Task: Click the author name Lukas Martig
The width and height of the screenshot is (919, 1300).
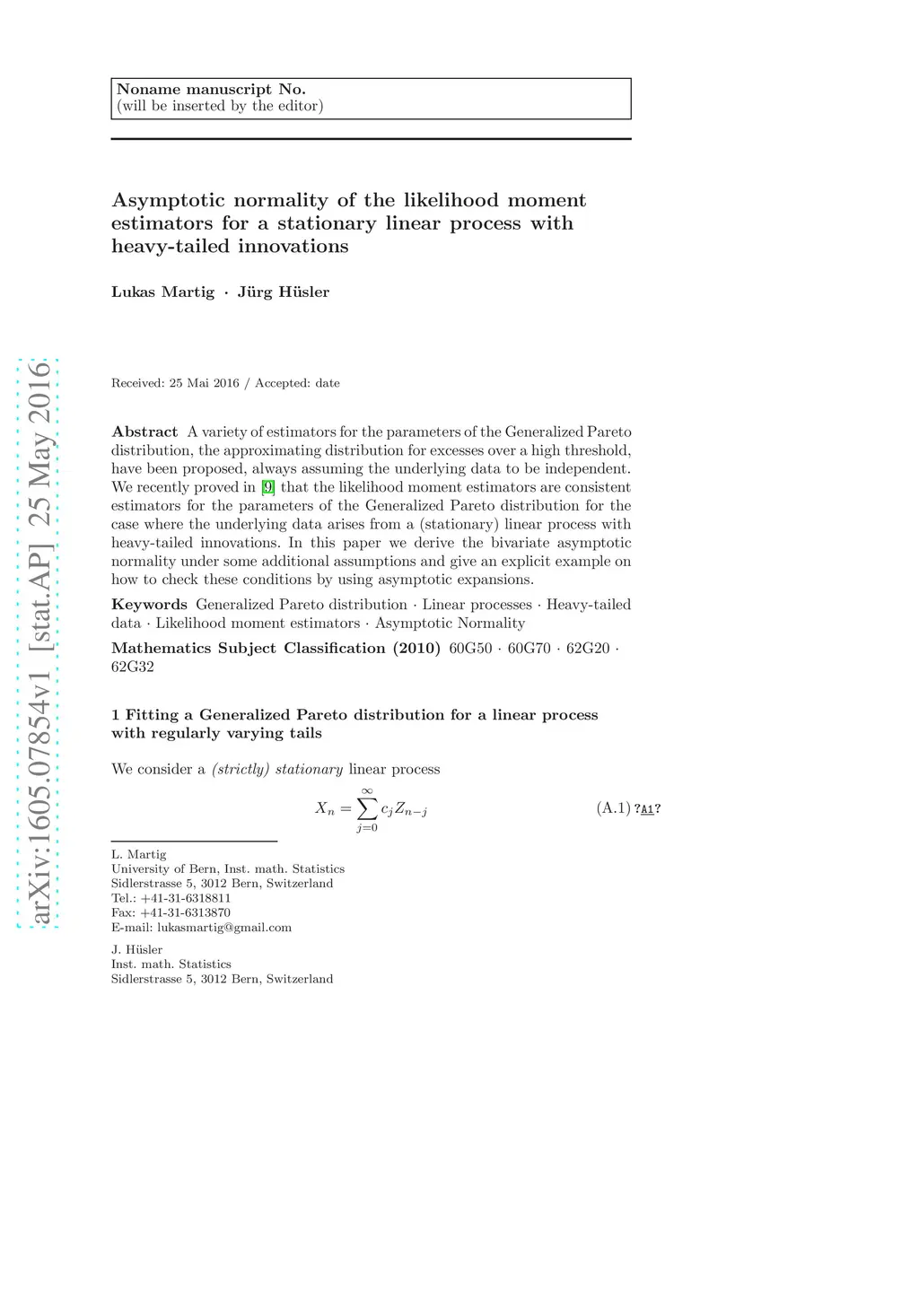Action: point(162,292)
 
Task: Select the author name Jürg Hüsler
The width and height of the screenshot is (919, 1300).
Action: point(283,292)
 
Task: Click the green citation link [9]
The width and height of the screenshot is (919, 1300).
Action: point(268,487)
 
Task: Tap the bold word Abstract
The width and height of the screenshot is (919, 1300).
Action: point(144,432)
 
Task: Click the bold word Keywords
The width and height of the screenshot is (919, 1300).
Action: point(149,605)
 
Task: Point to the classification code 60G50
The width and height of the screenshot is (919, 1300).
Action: point(470,649)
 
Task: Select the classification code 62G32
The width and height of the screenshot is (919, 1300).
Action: point(133,667)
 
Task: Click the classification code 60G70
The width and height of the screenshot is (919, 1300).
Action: point(530,649)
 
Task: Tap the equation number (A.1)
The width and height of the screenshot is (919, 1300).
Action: point(613,808)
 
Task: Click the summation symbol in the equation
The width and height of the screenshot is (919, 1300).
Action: point(367,807)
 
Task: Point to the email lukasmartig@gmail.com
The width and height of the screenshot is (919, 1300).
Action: point(224,928)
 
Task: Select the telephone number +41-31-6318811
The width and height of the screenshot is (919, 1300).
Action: point(186,898)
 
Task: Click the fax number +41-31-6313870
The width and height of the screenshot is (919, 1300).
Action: point(185,912)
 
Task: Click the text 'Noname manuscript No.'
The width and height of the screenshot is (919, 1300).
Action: point(211,90)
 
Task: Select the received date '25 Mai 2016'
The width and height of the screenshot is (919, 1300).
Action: point(204,383)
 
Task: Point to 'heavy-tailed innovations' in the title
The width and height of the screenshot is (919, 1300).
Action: point(230,247)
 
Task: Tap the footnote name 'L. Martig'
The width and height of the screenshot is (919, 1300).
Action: point(139,855)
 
